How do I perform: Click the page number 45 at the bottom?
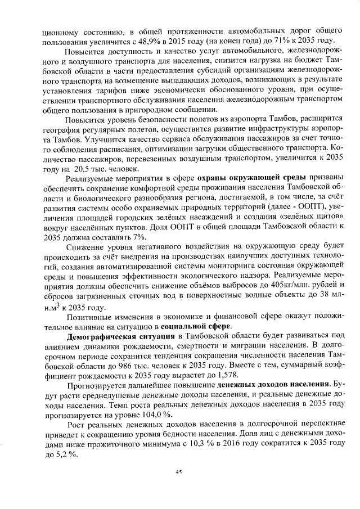pos(180,472)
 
